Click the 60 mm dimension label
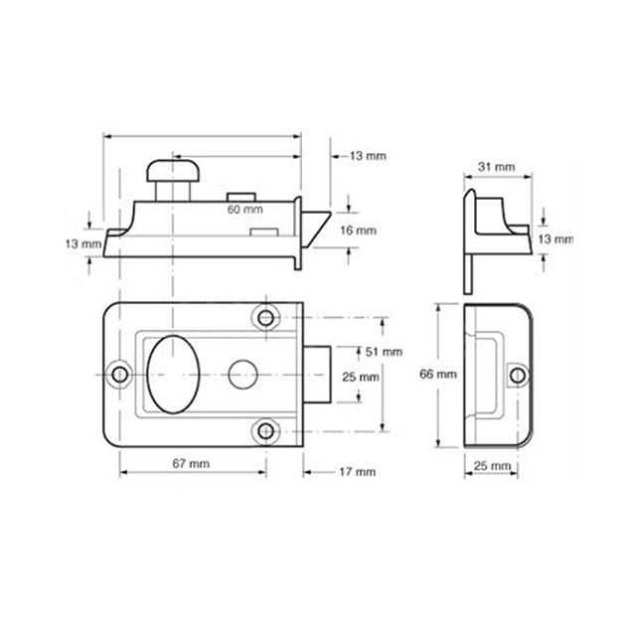click(x=244, y=211)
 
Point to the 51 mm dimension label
click(x=385, y=352)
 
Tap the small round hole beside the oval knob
click(x=238, y=375)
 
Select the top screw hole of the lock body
click(x=265, y=318)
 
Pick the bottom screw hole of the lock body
click(x=265, y=430)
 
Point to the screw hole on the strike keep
click(x=516, y=374)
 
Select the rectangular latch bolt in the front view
click(x=318, y=374)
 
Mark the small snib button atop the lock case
click(x=239, y=196)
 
